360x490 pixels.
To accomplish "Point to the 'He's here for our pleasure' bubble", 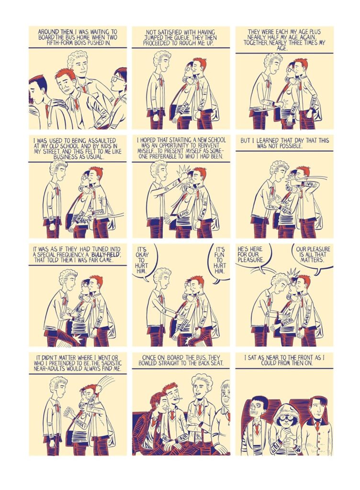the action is pos(252,256).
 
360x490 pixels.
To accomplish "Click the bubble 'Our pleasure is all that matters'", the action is pos(313,255).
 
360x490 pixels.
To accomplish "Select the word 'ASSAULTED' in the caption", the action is pos(101,141).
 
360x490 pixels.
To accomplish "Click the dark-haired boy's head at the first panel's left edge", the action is pos(37,88).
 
